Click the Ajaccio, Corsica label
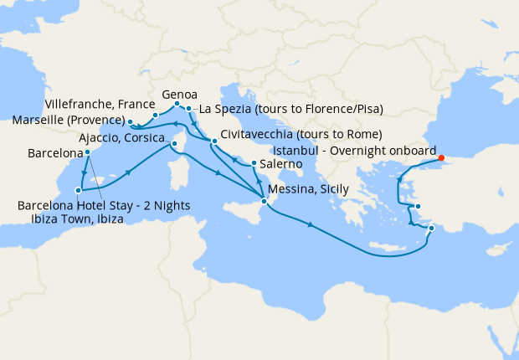point(121,137)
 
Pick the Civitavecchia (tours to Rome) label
point(302,134)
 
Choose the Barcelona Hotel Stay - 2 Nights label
point(103,206)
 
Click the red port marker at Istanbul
point(441,157)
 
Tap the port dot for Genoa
point(178,104)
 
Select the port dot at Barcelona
point(87,152)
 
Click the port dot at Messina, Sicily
point(264,201)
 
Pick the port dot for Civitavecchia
point(215,141)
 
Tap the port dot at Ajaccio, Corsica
point(174,144)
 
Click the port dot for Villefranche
point(156,115)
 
